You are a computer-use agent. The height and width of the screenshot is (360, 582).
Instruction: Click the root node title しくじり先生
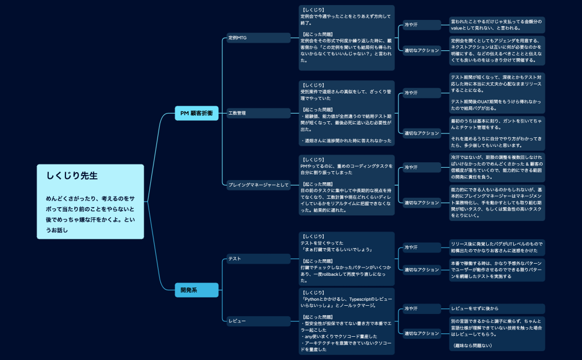pyautogui.click(x=72, y=176)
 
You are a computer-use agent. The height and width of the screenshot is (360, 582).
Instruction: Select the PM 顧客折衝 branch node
pyautogui.click(x=196, y=113)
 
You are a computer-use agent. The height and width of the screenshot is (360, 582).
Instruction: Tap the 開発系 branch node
pyautogui.click(x=196, y=290)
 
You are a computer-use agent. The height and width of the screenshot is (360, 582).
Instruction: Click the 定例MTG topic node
pyautogui.click(x=259, y=38)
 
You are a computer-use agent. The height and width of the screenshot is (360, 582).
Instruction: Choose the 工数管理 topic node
pyautogui.click(x=259, y=113)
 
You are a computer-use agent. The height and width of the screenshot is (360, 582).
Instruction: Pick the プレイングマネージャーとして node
pyautogui.click(x=259, y=185)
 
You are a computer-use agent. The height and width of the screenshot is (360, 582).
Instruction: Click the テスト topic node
pyautogui.click(x=259, y=259)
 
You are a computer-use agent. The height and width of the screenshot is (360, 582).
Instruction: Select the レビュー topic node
pyautogui.click(x=259, y=321)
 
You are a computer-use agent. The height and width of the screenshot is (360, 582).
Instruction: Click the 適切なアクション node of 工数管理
pyautogui.click(x=422, y=133)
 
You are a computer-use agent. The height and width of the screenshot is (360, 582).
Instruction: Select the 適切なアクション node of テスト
pyautogui.click(x=422, y=270)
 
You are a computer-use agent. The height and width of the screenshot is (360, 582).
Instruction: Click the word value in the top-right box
pyautogui.click(x=458, y=28)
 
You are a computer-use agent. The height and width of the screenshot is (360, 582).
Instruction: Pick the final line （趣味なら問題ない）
pyautogui.click(x=473, y=346)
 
